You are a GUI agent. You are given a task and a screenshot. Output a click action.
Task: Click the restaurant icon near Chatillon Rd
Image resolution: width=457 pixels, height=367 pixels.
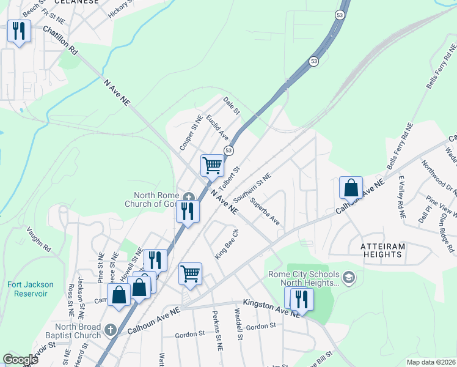[x=19, y=31]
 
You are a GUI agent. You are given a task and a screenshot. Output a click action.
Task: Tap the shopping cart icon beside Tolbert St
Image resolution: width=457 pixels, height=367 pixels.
[x=212, y=165]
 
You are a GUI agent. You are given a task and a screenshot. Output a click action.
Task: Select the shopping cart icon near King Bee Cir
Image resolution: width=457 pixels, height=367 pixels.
[x=190, y=273]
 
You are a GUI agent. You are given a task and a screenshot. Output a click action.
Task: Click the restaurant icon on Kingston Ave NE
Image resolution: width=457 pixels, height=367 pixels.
[x=299, y=298]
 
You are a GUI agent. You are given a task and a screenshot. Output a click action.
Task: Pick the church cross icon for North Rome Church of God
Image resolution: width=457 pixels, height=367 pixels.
[x=189, y=197]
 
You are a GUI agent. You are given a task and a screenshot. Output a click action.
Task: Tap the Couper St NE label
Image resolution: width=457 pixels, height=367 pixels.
[x=191, y=133]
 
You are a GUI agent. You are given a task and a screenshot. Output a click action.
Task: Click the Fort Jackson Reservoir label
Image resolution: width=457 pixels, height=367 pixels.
[x=31, y=289]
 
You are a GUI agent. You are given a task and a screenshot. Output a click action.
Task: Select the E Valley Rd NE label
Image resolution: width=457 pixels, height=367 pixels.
[x=401, y=198]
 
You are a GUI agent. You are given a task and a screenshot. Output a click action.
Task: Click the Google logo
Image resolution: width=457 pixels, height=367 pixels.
[x=20, y=360]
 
